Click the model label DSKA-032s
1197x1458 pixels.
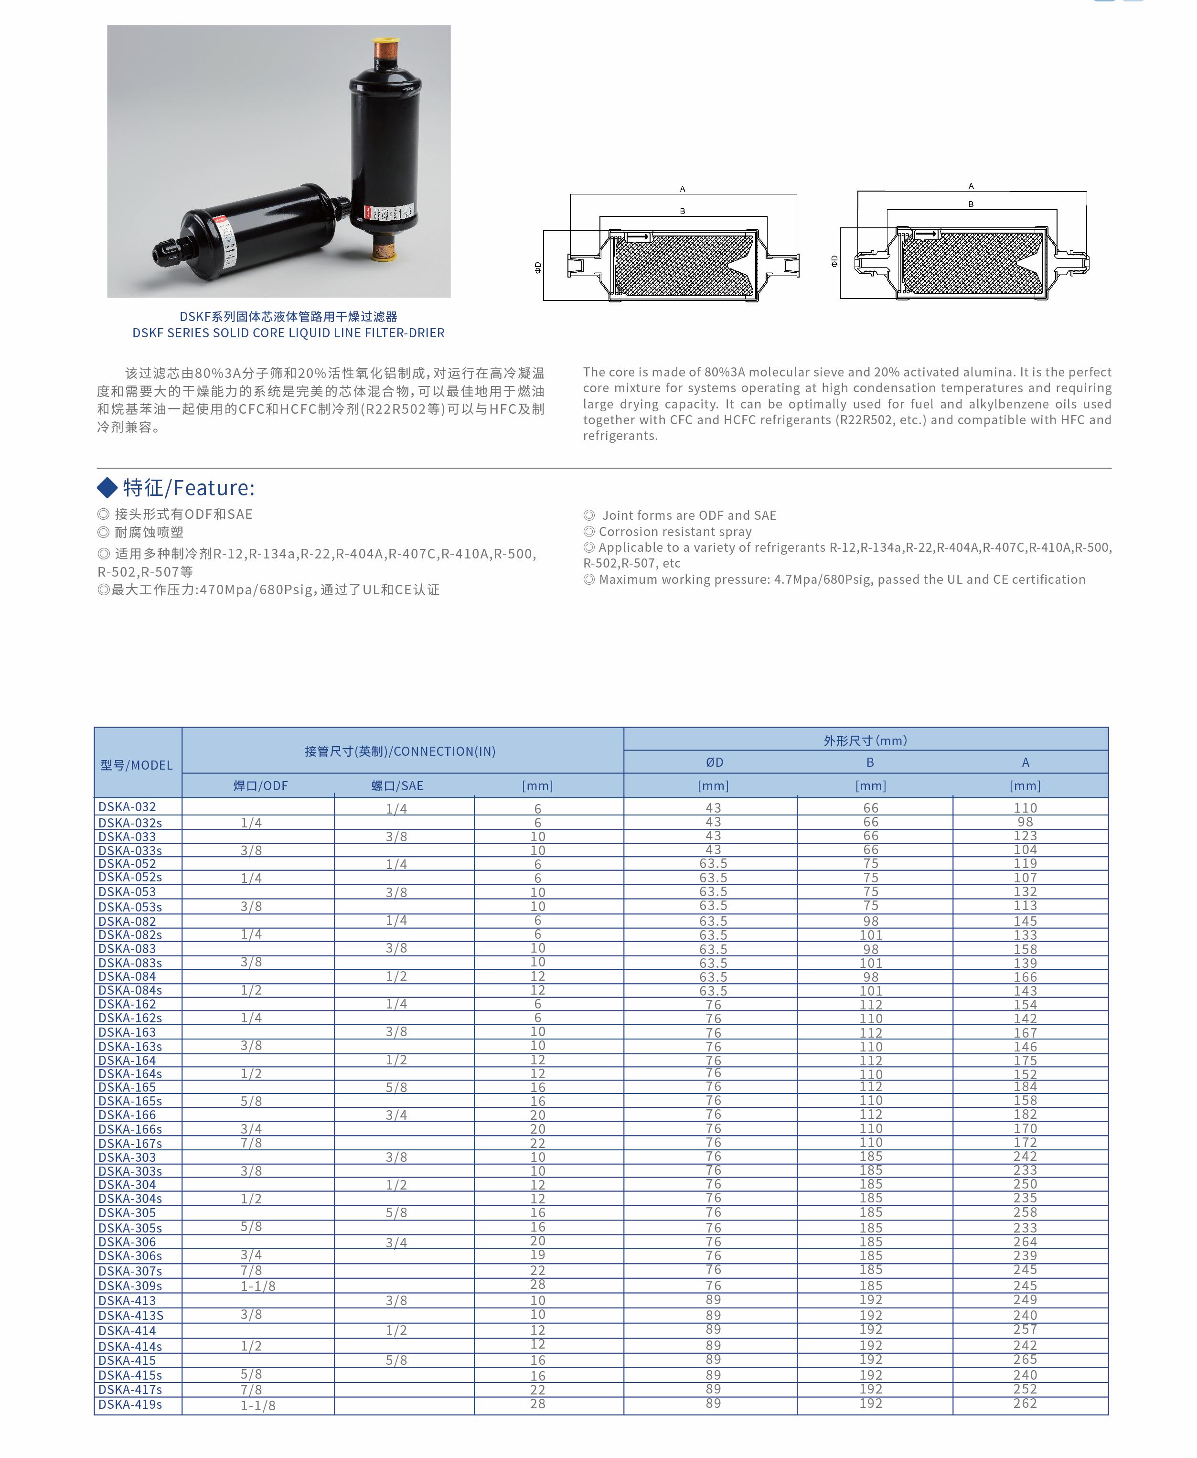[x=129, y=823]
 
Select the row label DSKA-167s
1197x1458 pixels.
[x=129, y=1143]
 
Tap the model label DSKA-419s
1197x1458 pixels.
[x=129, y=1404]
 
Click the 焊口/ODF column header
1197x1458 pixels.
[x=260, y=785]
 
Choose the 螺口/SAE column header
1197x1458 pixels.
[x=397, y=785]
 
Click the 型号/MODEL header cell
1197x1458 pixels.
[x=137, y=765]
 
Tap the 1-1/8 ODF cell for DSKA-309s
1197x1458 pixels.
[x=258, y=1286]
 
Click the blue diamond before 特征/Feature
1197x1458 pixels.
[x=107, y=488]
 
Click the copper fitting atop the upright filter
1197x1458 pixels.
[x=385, y=50]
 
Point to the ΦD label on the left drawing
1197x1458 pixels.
[x=538, y=267]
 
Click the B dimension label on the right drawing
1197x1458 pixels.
[x=971, y=204]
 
